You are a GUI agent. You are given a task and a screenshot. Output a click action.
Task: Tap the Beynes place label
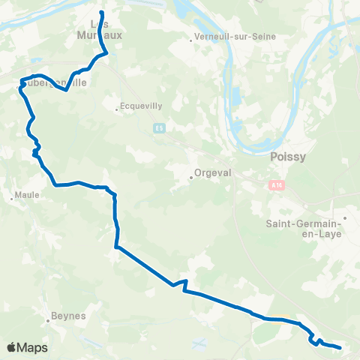tap(68, 316)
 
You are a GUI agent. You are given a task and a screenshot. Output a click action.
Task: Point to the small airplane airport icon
tap(198, 343)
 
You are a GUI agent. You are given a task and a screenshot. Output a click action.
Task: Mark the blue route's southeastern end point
tap(340, 347)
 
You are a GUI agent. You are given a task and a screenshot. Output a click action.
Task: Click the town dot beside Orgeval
tap(191, 178)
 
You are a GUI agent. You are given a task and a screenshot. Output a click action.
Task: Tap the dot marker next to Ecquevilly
tap(118, 109)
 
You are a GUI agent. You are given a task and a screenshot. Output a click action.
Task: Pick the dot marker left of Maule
tap(13, 199)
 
